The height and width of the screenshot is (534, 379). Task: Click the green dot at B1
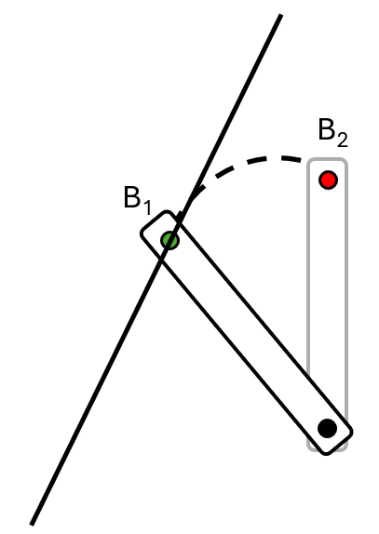[x=169, y=240]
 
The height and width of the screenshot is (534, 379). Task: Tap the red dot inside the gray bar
[x=328, y=180]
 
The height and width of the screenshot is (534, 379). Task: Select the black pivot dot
[x=327, y=428]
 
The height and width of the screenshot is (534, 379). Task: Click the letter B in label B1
[x=132, y=197]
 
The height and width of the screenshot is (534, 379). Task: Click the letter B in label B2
[x=327, y=129]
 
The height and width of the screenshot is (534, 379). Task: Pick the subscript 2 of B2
[x=342, y=140]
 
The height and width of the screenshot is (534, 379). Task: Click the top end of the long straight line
[x=281, y=15]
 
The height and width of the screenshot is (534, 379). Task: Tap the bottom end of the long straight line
[x=32, y=525]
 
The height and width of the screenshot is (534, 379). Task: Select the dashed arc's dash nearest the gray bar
[x=291, y=159]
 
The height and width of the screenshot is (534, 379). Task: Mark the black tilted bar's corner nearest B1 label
[x=167, y=212]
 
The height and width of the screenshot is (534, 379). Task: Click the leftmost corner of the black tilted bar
[x=142, y=234]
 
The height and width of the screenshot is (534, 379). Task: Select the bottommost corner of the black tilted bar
[x=326, y=453]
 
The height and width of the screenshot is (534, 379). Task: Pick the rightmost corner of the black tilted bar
[x=351, y=432]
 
